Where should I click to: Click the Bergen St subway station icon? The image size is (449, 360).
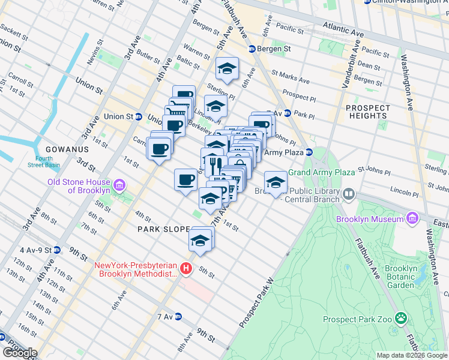253,49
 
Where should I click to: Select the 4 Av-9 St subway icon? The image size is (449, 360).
56,250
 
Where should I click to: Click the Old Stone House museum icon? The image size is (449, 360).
119,186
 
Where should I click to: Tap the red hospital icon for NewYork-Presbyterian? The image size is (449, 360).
187,268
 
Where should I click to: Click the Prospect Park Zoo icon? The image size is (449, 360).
400,320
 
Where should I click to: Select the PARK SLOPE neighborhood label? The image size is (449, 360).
163,230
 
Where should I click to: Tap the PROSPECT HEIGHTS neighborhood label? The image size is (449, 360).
367,113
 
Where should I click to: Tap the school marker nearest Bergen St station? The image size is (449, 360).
228,69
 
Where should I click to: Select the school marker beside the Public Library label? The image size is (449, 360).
276,183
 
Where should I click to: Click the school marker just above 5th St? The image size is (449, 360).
200,241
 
